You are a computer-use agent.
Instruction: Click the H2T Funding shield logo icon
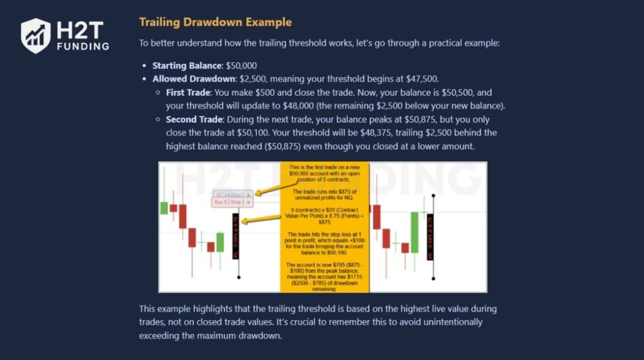pos(36,35)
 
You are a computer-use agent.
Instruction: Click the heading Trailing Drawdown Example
pos(215,22)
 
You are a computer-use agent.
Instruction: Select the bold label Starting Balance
pos(178,65)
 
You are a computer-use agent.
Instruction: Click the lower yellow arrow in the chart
pos(260,219)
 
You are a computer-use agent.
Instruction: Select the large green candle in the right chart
pos(414,232)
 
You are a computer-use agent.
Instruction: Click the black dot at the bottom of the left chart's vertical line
pos(238,278)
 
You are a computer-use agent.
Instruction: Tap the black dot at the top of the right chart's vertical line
pos(433,196)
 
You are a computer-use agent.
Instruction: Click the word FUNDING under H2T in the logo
pos(82,46)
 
